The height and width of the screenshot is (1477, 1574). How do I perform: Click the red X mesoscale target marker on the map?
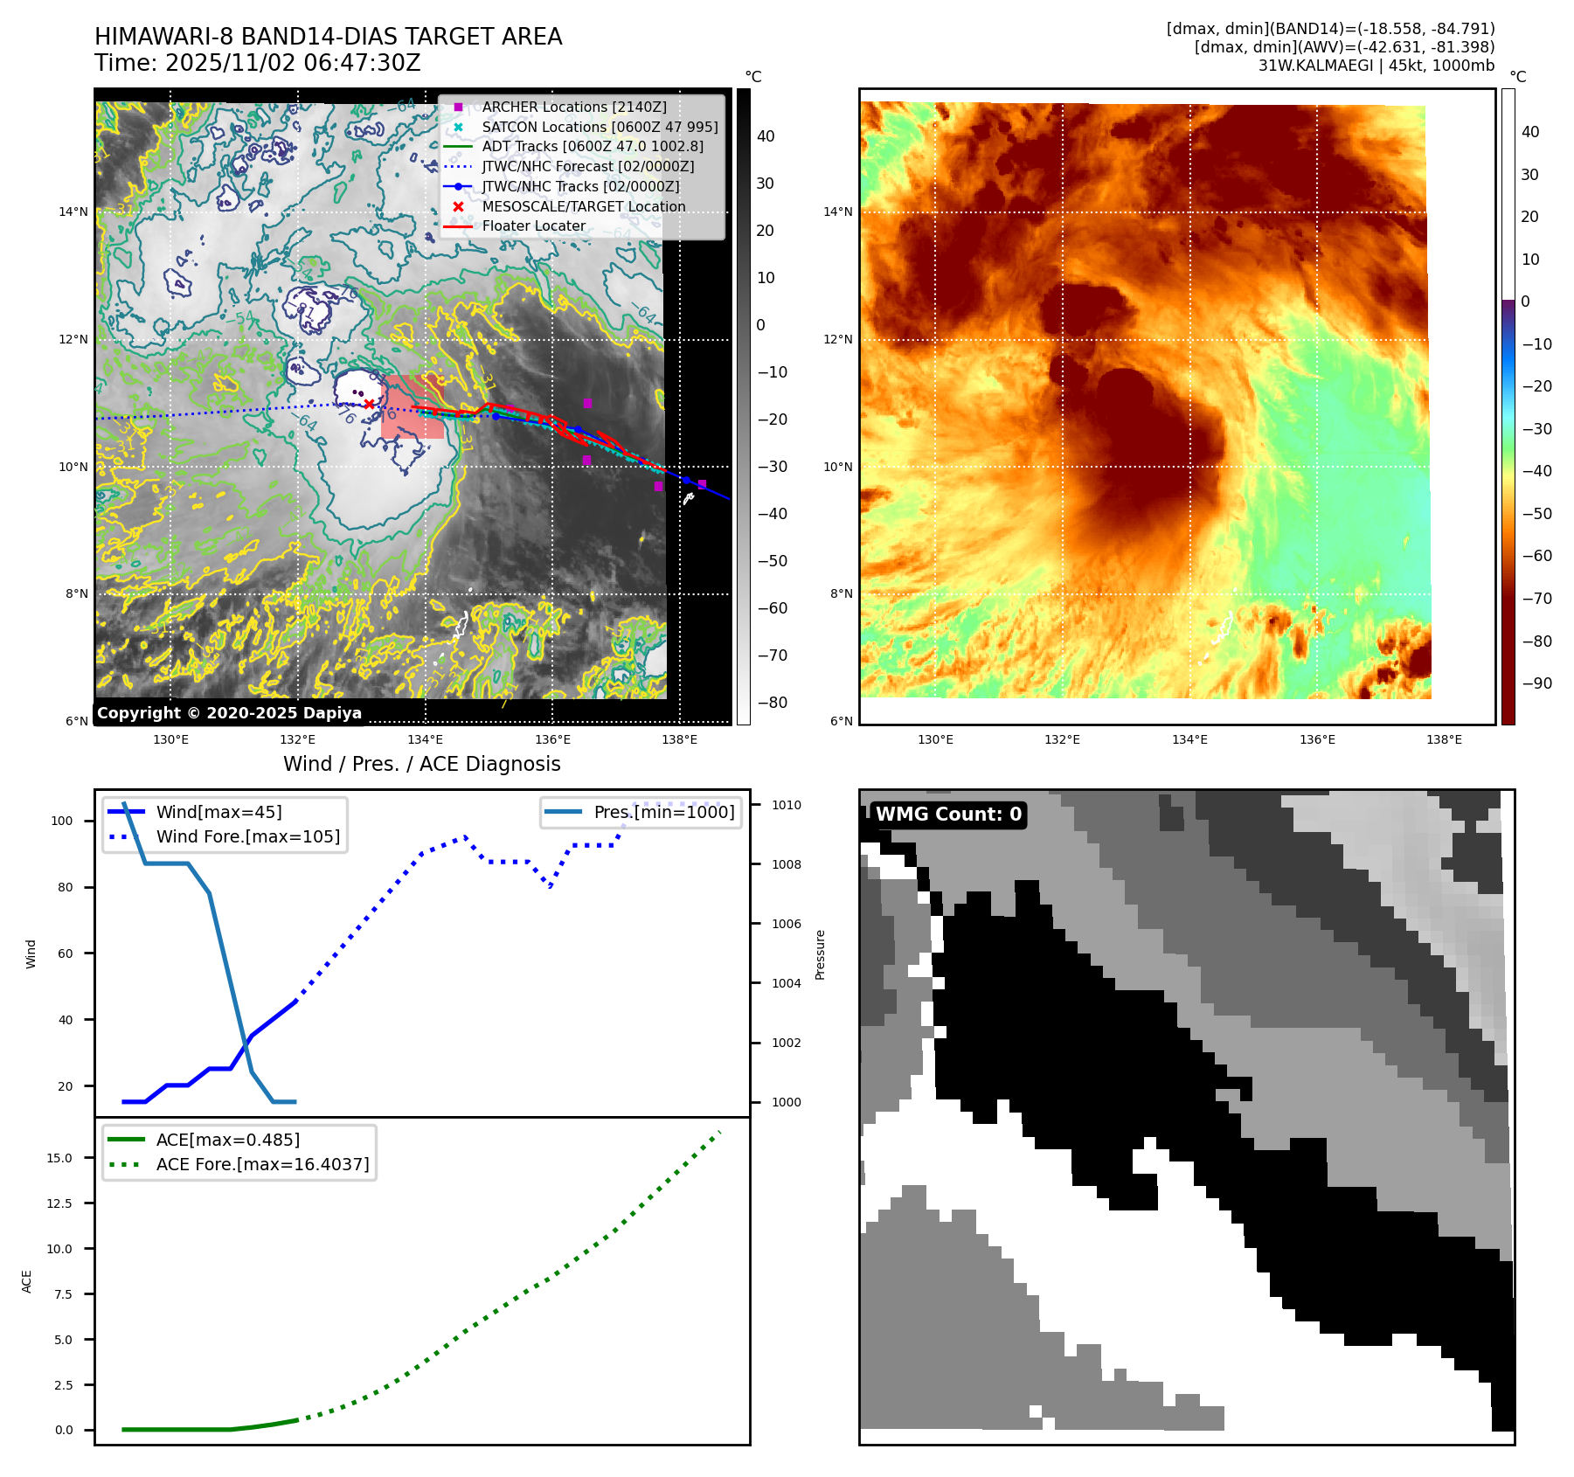click(x=370, y=404)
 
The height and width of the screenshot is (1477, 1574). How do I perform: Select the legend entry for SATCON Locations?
click(x=600, y=127)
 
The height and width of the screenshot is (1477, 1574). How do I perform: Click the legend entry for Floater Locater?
click(x=533, y=225)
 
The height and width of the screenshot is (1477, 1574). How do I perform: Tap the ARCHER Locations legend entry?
click(x=573, y=107)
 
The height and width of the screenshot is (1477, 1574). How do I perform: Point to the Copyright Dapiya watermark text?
click(x=229, y=712)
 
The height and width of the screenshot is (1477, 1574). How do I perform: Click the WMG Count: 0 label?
click(x=948, y=815)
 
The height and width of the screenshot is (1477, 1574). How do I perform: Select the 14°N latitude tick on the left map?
click(x=73, y=211)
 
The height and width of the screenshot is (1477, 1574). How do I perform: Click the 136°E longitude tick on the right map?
click(x=1317, y=739)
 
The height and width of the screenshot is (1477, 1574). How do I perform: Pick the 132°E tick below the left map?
click(x=298, y=739)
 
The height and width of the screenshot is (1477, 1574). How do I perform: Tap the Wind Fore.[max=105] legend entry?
click(x=247, y=836)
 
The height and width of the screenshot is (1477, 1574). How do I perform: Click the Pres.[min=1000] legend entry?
click(x=664, y=812)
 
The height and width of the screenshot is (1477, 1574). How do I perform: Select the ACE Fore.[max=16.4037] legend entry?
click(x=262, y=1164)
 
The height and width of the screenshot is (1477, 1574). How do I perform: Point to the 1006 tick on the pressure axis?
click(x=786, y=924)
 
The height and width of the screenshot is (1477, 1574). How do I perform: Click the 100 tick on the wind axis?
click(x=62, y=821)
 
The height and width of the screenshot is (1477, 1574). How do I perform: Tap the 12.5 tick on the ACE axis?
click(x=59, y=1203)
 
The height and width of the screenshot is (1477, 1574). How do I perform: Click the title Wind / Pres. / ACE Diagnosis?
click(x=422, y=764)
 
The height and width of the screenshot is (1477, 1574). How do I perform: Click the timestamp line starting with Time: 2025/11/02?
click(x=258, y=63)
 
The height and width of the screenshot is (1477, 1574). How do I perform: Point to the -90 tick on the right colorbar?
click(x=1536, y=683)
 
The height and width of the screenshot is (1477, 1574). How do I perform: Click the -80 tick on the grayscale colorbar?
click(x=772, y=703)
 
